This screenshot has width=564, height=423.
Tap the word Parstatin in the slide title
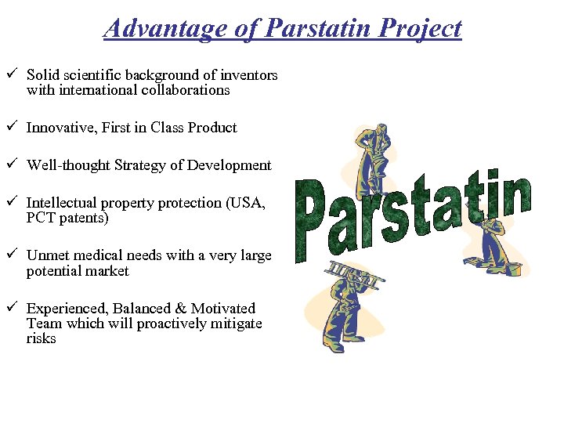point(320,29)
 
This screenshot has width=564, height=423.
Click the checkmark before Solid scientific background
point(10,75)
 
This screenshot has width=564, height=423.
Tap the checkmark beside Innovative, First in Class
point(10,127)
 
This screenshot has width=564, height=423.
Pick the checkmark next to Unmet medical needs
point(10,255)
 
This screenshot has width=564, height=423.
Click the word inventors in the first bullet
point(248,76)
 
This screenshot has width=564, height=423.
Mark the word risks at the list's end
point(41,338)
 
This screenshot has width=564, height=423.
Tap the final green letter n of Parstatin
point(515,196)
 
